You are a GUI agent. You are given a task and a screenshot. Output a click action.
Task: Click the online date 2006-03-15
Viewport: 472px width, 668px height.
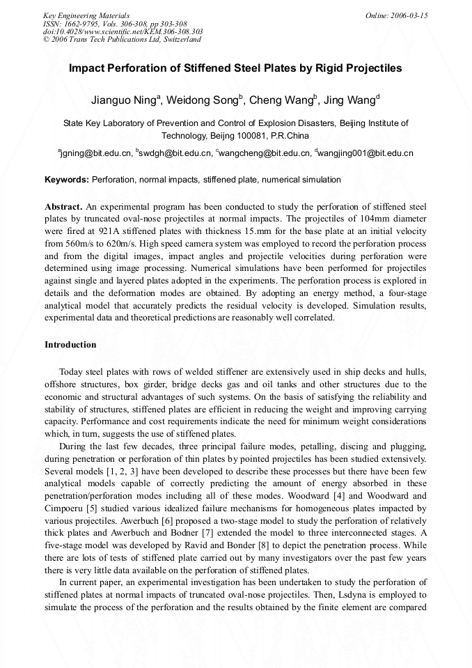[x=410, y=15]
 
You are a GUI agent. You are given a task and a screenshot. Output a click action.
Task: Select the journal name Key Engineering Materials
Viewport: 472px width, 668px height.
[x=86, y=15]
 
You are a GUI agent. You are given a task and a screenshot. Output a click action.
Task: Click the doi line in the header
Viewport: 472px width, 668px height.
[x=123, y=31]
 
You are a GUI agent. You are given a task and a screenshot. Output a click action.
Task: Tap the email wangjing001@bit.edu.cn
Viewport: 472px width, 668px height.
[x=367, y=153]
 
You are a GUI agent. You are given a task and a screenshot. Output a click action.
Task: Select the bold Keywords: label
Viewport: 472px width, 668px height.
[x=67, y=180]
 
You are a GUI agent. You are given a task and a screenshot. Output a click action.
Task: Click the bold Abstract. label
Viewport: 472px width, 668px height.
[x=63, y=207]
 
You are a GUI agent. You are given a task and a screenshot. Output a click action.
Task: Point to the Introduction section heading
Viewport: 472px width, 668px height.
[x=70, y=345]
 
